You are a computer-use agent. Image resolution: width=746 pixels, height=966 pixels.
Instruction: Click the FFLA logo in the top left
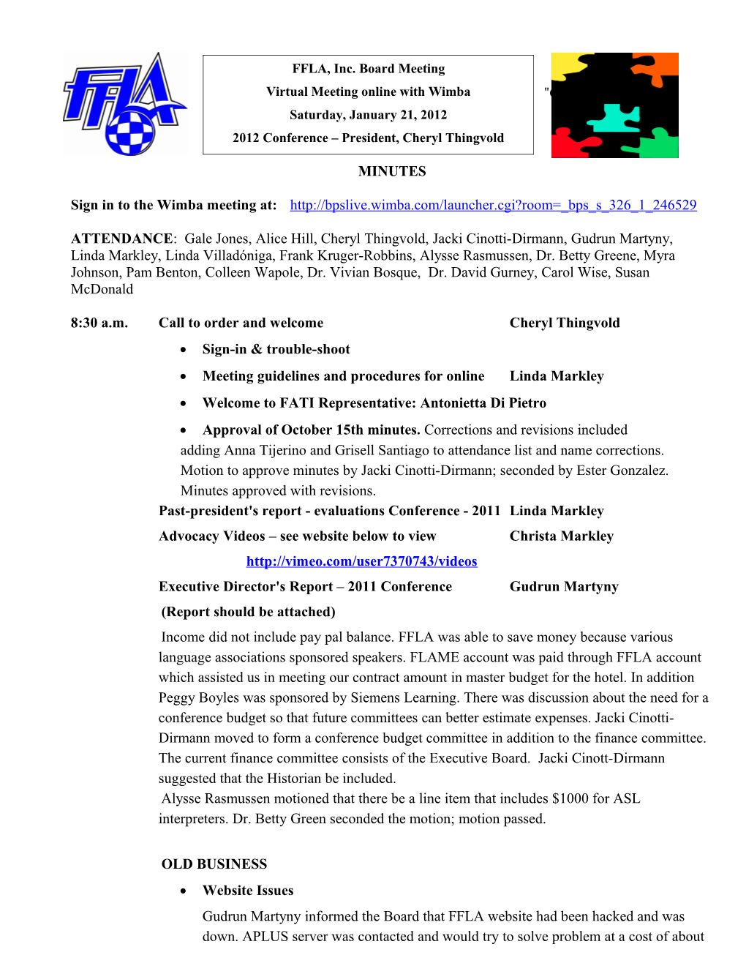pos(124,103)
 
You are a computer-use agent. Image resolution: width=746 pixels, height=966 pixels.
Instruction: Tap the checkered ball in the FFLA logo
pos(131,132)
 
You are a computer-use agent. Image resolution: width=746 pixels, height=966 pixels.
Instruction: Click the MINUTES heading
pos(392,171)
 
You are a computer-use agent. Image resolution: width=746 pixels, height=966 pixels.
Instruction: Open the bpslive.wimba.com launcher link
pos(493,205)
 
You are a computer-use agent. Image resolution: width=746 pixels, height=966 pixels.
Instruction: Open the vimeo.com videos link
pos(361,561)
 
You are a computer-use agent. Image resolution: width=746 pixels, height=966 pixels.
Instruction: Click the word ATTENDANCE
pos(121,239)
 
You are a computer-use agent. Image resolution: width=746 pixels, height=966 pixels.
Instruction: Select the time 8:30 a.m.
pos(99,323)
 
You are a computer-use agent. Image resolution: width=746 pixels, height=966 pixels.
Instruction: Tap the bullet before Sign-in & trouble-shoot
pos(184,350)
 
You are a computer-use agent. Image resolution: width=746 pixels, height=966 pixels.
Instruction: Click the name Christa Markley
pos(561,536)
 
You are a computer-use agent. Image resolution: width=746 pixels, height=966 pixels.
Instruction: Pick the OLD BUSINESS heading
pos(214,864)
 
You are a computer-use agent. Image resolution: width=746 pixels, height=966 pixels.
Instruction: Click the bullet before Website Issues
pos(184,891)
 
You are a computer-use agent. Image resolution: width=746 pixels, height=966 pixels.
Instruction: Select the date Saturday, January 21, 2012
pos(368,115)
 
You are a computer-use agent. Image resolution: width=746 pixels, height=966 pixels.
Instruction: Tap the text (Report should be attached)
pos(248,612)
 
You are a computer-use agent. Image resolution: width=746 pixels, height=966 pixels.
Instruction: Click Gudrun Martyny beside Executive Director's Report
pos(564,586)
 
